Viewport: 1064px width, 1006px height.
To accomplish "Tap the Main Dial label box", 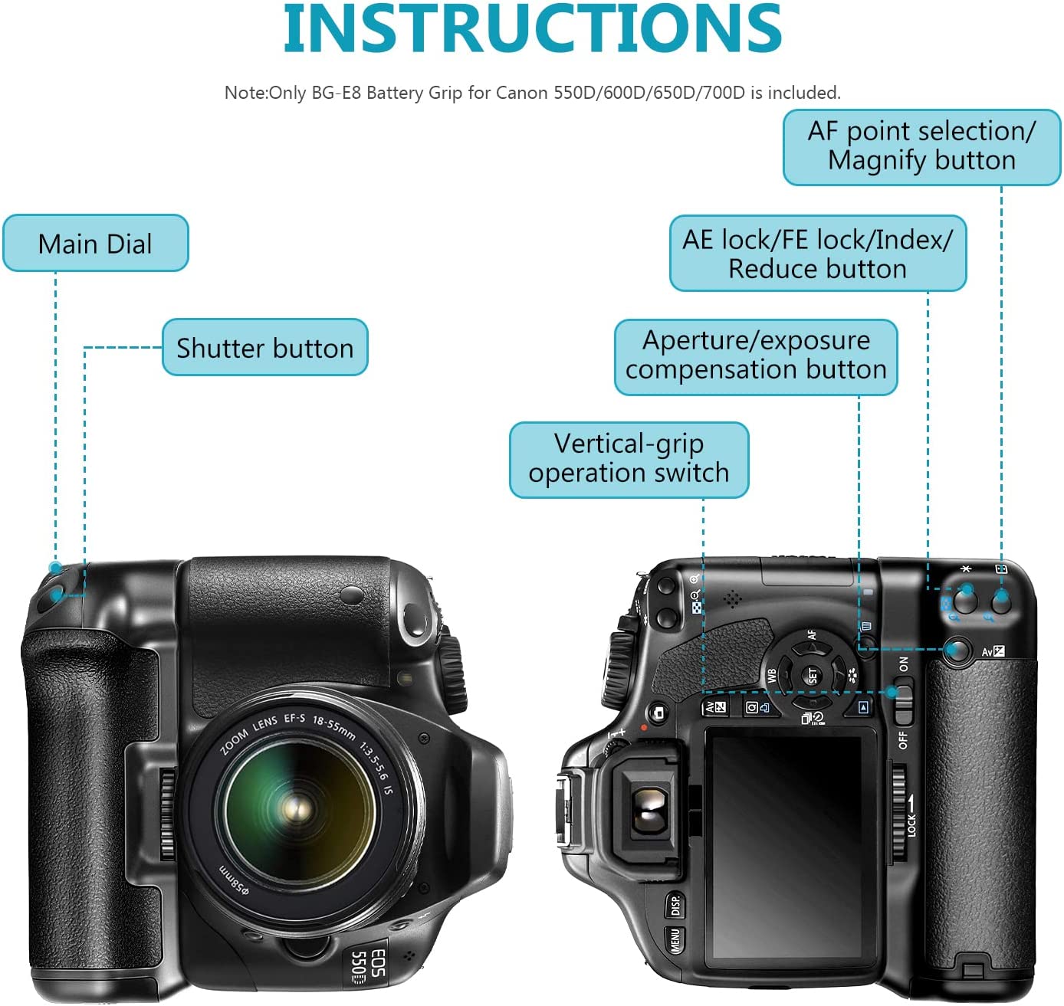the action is [x=95, y=243].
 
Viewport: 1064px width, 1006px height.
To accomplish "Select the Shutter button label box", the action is [x=264, y=347].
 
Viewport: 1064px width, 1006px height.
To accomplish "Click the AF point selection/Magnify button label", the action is [x=921, y=147].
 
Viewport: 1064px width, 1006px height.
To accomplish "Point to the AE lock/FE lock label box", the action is [x=817, y=254].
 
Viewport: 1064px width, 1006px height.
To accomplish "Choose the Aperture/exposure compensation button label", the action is [x=756, y=357].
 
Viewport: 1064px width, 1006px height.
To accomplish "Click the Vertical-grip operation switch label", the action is [x=629, y=460].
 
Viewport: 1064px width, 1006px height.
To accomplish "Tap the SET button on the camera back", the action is [x=812, y=675].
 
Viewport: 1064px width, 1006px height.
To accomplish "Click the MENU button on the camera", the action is [x=675, y=939].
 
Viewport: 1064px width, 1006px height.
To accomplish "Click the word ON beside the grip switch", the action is [x=903, y=664].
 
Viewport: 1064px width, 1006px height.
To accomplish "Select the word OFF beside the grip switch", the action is [x=903, y=740].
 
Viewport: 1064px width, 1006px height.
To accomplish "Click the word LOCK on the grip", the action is [x=911, y=824].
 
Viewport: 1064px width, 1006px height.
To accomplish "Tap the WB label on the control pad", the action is [x=772, y=675].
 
